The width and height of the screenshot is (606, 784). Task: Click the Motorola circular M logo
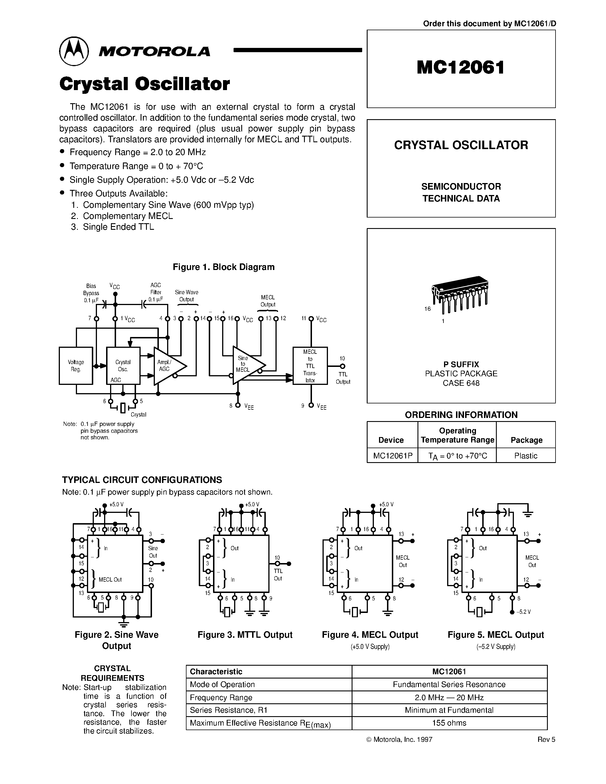click(74, 51)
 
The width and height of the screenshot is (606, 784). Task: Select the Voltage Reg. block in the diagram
click(76, 365)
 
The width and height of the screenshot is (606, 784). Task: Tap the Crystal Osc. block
click(123, 365)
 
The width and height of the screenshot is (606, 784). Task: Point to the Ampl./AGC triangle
click(167, 366)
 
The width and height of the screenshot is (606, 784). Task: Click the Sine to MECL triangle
click(246, 365)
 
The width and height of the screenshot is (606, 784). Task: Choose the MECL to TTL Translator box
click(310, 365)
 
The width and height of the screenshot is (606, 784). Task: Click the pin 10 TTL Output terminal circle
click(342, 366)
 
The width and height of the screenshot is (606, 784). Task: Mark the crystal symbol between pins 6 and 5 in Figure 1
click(123, 408)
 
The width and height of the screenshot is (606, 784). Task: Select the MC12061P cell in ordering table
click(392, 456)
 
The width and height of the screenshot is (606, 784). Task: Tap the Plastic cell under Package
click(525, 456)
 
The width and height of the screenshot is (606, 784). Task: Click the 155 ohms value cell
click(449, 723)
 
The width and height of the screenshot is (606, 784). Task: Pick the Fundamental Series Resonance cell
click(449, 684)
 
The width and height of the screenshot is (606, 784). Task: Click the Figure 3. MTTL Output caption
click(245, 635)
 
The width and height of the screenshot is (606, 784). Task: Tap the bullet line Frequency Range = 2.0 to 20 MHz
click(137, 152)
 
